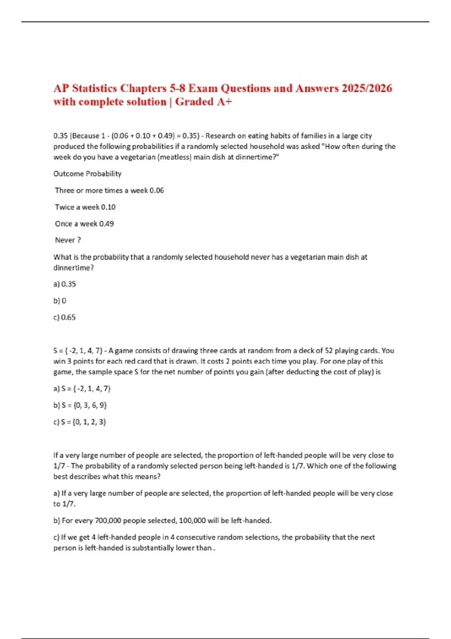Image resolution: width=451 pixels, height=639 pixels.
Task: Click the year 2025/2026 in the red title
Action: (367, 88)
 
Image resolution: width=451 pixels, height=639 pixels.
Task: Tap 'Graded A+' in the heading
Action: (204, 102)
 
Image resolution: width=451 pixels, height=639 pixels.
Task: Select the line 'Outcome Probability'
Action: (87, 174)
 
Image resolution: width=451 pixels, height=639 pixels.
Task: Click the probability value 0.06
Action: (157, 191)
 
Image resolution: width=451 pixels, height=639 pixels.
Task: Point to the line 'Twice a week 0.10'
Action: (85, 207)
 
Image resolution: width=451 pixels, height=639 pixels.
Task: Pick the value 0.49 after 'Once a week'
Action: (106, 224)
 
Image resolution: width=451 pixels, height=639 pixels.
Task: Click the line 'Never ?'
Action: (68, 240)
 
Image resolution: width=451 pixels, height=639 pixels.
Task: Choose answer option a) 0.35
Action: (65, 284)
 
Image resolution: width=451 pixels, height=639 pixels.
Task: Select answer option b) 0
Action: (60, 301)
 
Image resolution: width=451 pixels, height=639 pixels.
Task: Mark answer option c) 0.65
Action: (65, 318)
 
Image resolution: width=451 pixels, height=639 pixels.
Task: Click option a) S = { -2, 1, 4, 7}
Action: (82, 389)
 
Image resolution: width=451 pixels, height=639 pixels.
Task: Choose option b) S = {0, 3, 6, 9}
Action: (80, 405)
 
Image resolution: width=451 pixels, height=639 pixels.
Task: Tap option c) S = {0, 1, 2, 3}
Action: (80, 422)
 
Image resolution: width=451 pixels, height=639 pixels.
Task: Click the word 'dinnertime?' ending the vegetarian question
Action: (74, 268)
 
